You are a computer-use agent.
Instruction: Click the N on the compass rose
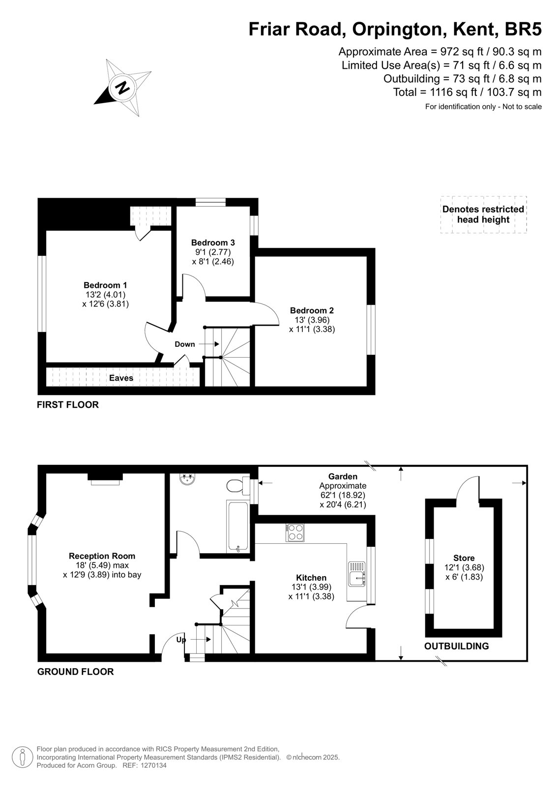pos(122,87)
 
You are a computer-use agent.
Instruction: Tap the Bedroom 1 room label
pos(105,285)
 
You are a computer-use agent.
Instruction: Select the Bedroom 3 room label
pos(213,243)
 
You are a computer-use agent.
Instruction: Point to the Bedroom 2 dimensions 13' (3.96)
pos(312,320)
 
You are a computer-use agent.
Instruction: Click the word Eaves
pos(121,378)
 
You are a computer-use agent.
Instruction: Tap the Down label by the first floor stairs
pos(185,344)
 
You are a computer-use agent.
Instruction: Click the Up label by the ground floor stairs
pos(181,640)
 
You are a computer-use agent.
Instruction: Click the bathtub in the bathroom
pos(237,527)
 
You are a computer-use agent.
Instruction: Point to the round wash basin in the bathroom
pos(187,479)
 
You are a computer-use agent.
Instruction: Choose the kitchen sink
pos(357,574)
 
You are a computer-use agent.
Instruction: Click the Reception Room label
pos(102,556)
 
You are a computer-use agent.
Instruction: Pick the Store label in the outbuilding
pos(464,558)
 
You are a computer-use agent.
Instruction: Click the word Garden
pos(343,477)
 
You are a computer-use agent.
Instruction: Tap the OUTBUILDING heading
pos(457,646)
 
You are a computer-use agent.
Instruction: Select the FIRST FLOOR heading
pos(68,405)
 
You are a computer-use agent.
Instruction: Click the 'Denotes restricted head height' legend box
pos(483,214)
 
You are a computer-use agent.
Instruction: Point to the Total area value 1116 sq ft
pos(454,92)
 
